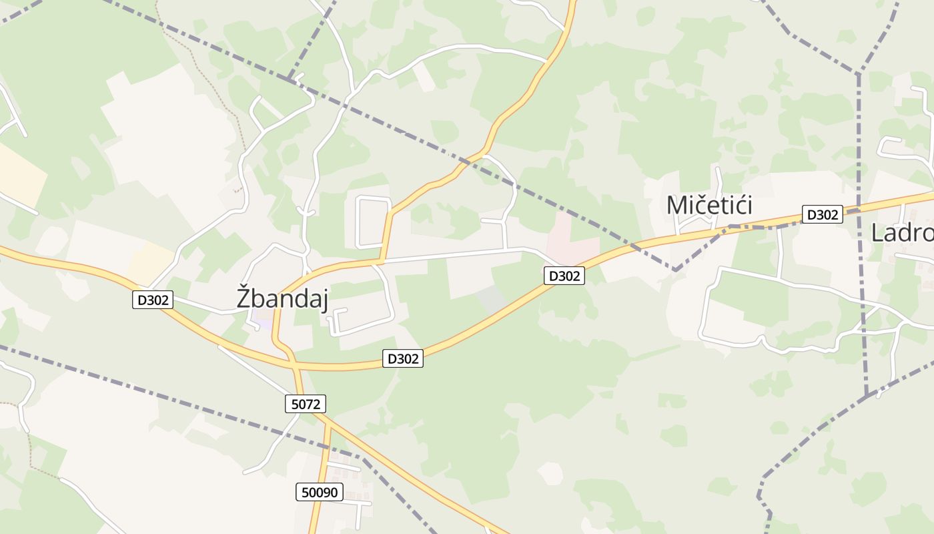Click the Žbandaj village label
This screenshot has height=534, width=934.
(282, 298)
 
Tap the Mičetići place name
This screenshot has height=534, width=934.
(709, 205)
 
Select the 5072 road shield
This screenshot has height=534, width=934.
(306, 404)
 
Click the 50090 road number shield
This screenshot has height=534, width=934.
(320, 493)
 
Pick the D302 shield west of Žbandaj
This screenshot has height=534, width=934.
(153, 300)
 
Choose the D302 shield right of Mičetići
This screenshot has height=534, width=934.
(822, 214)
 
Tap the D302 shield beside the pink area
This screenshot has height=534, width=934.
(564, 275)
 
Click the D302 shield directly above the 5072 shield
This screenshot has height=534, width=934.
(403, 358)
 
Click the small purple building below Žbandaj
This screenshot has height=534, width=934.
(264, 322)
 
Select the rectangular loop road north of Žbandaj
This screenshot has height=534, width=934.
(373, 222)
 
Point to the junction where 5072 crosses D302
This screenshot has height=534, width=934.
(295, 365)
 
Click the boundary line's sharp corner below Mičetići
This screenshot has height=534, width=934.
(675, 270)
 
